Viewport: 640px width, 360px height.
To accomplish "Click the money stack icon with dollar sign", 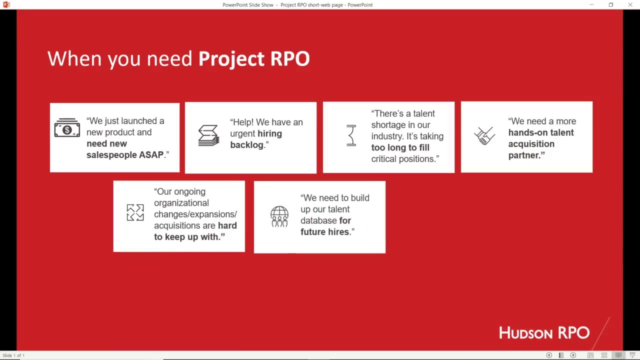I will point(67,128).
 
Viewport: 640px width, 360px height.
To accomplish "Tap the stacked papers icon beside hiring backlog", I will point(208,135).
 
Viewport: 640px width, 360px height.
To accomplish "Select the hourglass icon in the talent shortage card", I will point(351,135).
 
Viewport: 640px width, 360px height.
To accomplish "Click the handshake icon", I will point(484,135).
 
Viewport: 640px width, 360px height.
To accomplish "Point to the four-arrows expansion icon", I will point(135,212).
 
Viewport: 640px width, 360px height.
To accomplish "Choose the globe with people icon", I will point(279,216).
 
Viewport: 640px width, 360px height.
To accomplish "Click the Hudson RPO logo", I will point(544,333).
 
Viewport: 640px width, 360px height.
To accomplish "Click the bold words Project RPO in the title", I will point(254,58).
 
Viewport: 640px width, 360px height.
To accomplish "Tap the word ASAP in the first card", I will point(151,155).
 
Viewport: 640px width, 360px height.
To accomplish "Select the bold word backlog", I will point(246,145).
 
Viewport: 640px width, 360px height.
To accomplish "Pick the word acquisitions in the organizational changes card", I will point(173,225).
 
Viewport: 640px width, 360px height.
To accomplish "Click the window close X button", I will point(630,5).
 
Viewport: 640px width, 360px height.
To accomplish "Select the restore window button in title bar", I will point(610,5).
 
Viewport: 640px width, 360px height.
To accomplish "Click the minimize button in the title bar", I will point(591,5).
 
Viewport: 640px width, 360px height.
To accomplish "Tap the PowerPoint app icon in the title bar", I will point(6,4).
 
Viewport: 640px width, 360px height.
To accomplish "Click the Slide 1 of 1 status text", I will point(13,355).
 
